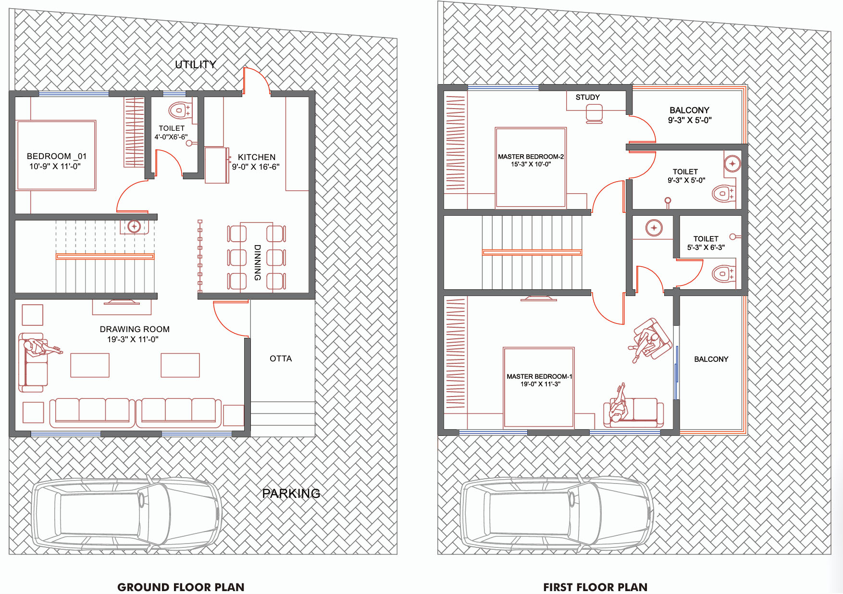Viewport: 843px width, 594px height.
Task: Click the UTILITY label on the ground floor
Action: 196,64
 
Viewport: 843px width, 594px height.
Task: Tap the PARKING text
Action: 291,494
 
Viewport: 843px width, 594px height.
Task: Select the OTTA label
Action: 281,359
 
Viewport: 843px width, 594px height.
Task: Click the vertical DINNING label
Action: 258,262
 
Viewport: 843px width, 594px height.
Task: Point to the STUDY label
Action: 588,97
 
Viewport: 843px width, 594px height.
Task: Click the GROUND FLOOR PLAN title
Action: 181,587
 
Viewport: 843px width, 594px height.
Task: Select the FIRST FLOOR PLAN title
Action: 595,587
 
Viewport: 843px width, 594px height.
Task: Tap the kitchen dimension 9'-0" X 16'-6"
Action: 256,167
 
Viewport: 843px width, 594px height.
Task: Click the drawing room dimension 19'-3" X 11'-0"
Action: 133,339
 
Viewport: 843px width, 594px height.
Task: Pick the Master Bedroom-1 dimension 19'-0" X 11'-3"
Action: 540,384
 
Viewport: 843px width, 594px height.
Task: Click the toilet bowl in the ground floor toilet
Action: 179,110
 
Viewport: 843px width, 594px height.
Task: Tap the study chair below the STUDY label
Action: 595,114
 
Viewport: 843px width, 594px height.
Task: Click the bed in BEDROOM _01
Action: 56,155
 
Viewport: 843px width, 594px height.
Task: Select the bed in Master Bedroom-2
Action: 531,167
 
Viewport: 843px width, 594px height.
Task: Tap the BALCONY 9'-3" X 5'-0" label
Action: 690,115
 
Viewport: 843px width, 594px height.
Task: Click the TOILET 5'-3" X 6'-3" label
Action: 706,243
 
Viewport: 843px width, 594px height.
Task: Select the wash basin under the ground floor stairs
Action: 134,226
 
